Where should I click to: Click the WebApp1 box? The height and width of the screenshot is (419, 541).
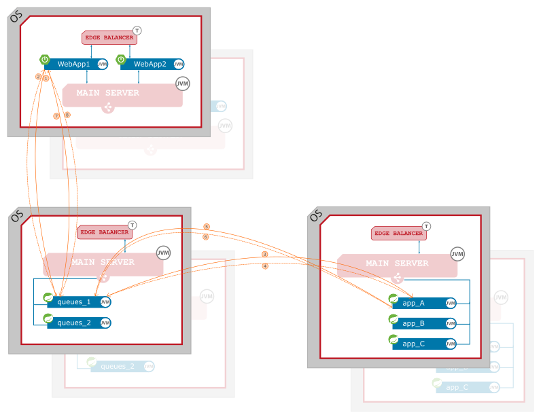(73, 64)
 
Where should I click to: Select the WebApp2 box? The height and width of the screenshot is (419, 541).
(150, 64)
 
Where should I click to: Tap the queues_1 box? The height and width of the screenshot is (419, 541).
(74, 302)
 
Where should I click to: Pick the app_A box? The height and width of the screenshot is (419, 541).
(414, 304)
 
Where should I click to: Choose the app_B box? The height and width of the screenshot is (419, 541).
(414, 323)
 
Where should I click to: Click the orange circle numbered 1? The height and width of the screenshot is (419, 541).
(46, 78)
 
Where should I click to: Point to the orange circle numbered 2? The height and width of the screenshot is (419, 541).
(39, 77)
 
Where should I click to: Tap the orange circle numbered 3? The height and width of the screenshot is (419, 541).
(264, 255)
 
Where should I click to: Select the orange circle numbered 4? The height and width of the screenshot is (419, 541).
(264, 266)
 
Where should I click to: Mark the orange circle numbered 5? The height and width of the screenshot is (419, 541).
(206, 227)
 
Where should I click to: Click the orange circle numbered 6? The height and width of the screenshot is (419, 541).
(205, 237)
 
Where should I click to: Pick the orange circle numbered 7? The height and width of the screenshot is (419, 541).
(56, 116)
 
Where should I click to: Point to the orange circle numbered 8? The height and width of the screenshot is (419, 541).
(67, 115)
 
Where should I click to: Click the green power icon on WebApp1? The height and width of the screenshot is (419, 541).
(45, 60)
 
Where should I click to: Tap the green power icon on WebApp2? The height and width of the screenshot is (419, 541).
(122, 60)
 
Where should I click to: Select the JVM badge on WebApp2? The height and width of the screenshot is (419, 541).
(178, 64)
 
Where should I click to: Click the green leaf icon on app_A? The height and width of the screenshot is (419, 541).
(394, 299)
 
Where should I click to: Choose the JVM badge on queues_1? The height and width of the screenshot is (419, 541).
(105, 302)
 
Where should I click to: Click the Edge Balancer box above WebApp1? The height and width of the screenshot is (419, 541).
(109, 37)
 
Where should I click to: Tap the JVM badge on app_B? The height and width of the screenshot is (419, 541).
(451, 323)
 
